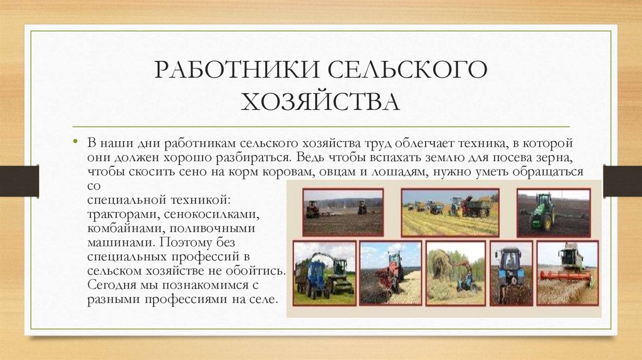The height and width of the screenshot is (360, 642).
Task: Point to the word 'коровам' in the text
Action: click(298, 172)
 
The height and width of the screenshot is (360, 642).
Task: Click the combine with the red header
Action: click(567, 273)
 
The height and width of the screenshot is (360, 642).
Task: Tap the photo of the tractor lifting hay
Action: click(455, 273)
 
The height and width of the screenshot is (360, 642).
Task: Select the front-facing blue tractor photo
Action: click(511, 273)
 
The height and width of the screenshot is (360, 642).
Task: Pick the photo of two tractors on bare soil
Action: click(342, 212)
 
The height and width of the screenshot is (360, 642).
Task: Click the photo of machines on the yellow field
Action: click(450, 212)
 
